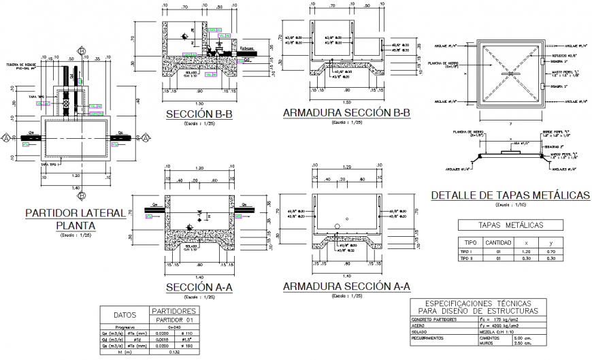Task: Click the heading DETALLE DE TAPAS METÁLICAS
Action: click(510, 195)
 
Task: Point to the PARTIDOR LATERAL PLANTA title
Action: click(75, 219)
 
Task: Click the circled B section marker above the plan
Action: click(81, 51)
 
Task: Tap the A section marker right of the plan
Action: click(144, 137)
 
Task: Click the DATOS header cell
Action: click(125, 315)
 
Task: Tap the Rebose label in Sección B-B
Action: click(246, 49)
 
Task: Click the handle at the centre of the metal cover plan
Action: click(510, 74)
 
